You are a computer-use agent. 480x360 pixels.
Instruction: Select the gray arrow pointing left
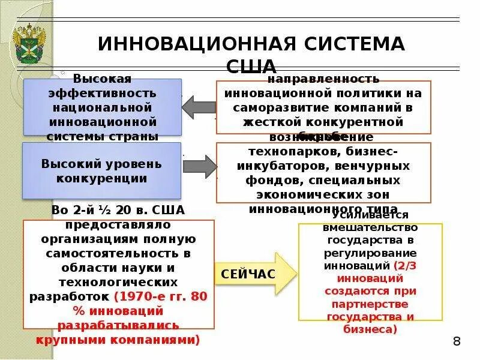(198, 107)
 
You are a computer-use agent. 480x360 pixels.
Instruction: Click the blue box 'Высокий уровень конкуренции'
(101, 170)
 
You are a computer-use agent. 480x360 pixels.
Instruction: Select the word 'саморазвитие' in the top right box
(278, 108)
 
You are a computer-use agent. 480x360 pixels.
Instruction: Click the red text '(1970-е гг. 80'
(160, 296)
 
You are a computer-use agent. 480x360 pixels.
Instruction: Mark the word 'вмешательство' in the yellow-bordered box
(370, 227)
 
